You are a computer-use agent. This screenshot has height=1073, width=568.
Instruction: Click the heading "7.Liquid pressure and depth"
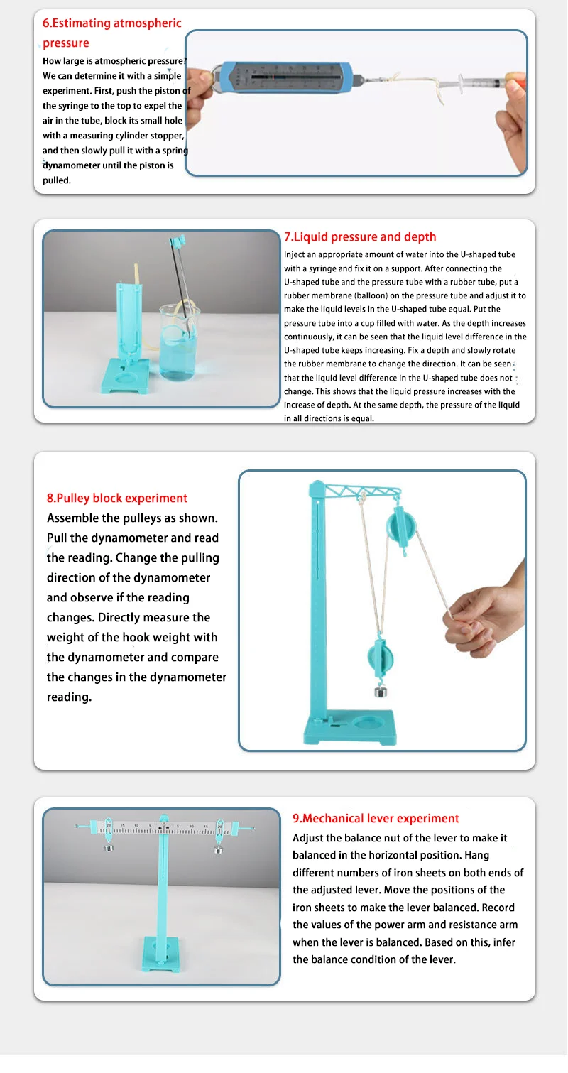pyautogui.click(x=360, y=237)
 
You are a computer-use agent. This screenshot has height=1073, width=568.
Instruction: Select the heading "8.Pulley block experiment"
pyautogui.click(x=117, y=498)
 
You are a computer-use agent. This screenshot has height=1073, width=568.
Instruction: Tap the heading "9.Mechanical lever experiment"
pyautogui.click(x=376, y=819)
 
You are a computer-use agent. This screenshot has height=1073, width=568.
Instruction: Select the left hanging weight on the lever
pyautogui.click(x=109, y=847)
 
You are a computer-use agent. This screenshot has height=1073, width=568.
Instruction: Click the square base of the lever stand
pyautogui.click(x=162, y=955)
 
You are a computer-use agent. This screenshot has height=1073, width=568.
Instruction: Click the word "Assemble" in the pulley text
pyautogui.click(x=72, y=518)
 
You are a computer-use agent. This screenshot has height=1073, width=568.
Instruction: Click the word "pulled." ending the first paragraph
pyautogui.click(x=57, y=180)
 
